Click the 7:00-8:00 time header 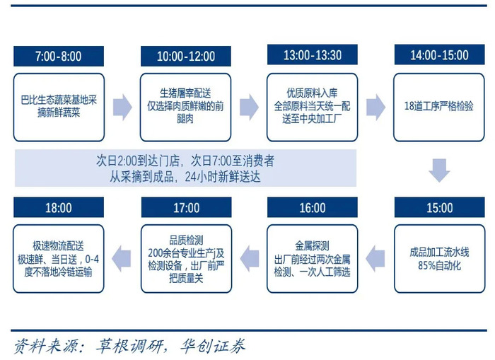click(x=59, y=56)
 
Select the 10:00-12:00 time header click(x=185, y=56)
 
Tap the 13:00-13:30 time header click(x=313, y=54)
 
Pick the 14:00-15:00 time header click(x=439, y=54)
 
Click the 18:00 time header click(x=59, y=207)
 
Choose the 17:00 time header click(x=186, y=207)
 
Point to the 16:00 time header click(x=313, y=207)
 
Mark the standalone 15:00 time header click(x=439, y=207)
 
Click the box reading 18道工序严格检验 click(x=439, y=108)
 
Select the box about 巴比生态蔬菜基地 click(x=59, y=108)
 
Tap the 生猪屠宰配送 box click(x=185, y=108)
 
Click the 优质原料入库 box click(x=313, y=108)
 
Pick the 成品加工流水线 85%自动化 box click(x=439, y=259)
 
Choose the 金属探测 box click(x=313, y=259)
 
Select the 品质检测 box click(x=186, y=259)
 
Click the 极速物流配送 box click(x=59, y=259)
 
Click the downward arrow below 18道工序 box click(x=439, y=170)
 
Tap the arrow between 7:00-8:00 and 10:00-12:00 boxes click(x=122, y=107)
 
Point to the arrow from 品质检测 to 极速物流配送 click(x=122, y=259)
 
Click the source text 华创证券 click(x=212, y=346)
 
